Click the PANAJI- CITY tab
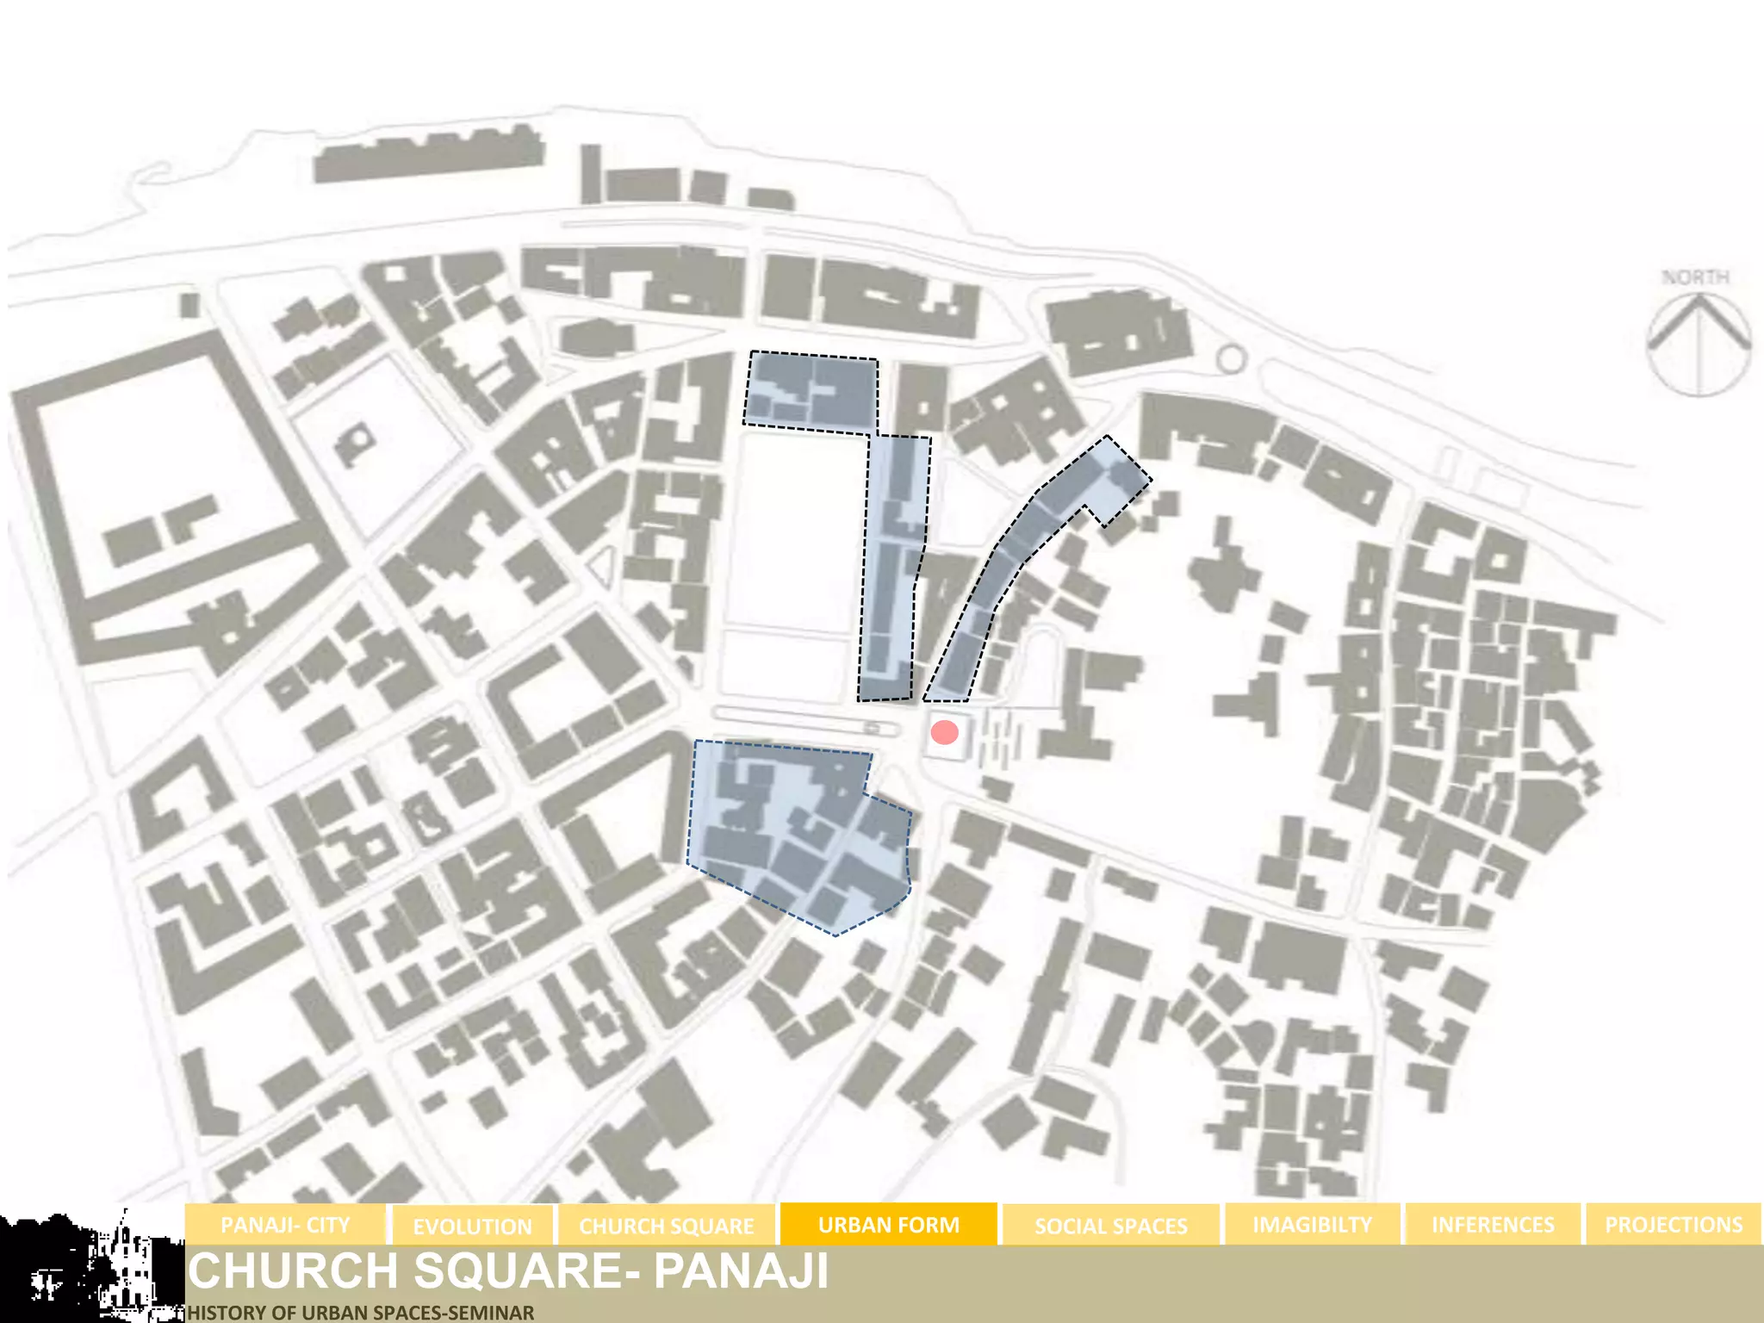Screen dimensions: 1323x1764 [x=285, y=1224]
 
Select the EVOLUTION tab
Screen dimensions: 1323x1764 [x=472, y=1226]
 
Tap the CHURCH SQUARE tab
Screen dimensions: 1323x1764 [x=666, y=1225]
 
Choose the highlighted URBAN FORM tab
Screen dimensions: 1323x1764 [x=888, y=1224]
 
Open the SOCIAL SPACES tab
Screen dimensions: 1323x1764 [x=1110, y=1225]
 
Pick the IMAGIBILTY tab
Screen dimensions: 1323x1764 [x=1312, y=1224]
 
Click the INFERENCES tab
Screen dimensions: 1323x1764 [x=1493, y=1224]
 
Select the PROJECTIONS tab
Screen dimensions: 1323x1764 [x=1673, y=1224]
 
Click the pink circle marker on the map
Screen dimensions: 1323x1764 [x=945, y=732]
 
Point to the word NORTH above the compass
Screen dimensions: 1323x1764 [x=1695, y=277]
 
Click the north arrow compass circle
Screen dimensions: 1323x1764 [x=1699, y=345]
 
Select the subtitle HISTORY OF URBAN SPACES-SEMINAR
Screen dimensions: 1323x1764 [x=361, y=1313]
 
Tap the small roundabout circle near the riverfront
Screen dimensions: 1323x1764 [x=1231, y=358]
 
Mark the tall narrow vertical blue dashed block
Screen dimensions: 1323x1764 [x=892, y=568]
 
